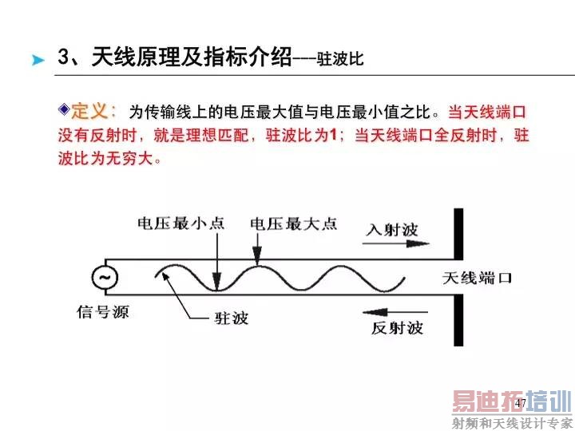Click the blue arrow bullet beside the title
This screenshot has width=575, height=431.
pos(38,60)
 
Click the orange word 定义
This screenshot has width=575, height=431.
pos(89,111)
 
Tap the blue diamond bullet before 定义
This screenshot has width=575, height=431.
pos(64,109)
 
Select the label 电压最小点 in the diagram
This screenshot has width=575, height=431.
pos(181,223)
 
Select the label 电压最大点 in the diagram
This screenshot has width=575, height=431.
pos(293,223)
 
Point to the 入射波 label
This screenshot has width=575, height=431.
pos(392,230)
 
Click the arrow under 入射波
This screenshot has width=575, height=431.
pos(395,243)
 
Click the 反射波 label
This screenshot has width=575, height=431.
pos(397,328)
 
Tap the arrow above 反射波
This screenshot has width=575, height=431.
pos(395,312)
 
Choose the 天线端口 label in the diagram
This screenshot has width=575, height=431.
pos(477,279)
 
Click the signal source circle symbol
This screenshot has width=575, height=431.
pos(105,277)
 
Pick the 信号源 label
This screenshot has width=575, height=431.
pos(103,312)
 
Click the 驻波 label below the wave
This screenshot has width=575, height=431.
pos(232,318)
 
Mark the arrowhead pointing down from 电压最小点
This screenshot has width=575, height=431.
pos(217,282)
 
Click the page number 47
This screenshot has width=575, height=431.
pos(521,403)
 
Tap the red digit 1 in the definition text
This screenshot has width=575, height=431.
pos(333,135)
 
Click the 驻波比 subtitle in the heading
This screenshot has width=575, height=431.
pos(340,59)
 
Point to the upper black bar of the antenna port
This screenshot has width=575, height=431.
pos(458,234)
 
